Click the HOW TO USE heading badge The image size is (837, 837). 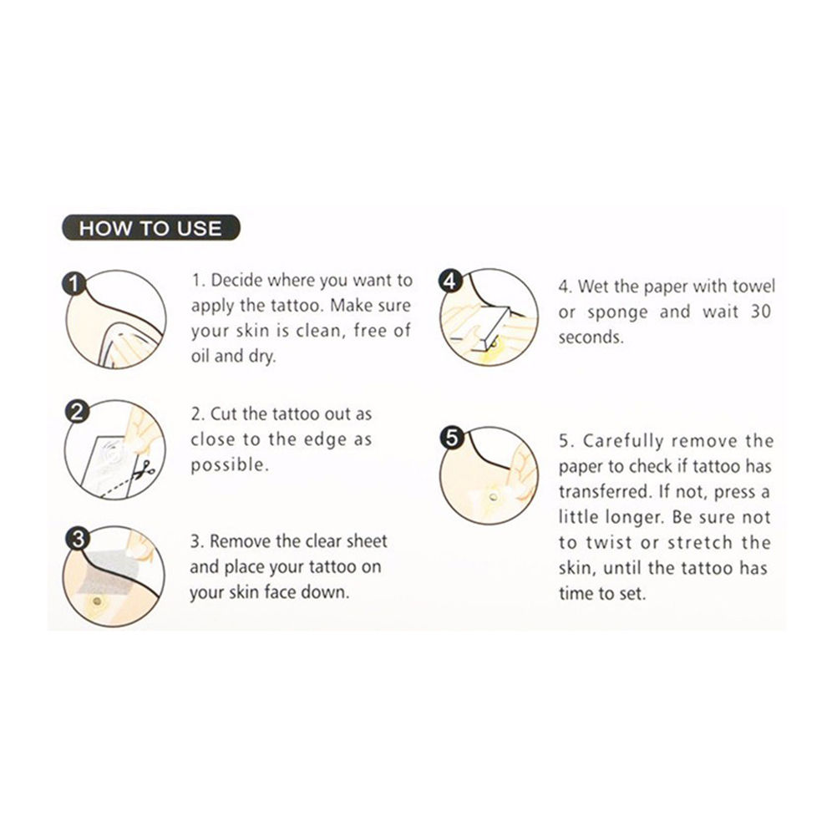(x=151, y=228)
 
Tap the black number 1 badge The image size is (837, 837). (x=74, y=283)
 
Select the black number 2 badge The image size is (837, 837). (x=77, y=412)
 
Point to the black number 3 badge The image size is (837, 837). (x=78, y=539)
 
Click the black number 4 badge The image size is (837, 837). (x=450, y=280)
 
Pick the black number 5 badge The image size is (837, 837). (x=452, y=438)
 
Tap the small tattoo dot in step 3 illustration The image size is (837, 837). (x=97, y=601)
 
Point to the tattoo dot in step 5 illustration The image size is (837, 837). (x=493, y=498)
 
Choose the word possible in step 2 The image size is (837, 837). (x=230, y=465)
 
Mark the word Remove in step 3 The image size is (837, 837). (x=241, y=541)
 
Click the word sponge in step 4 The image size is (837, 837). (x=617, y=312)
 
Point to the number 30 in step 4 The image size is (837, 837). (x=761, y=312)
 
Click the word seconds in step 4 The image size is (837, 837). (x=591, y=337)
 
